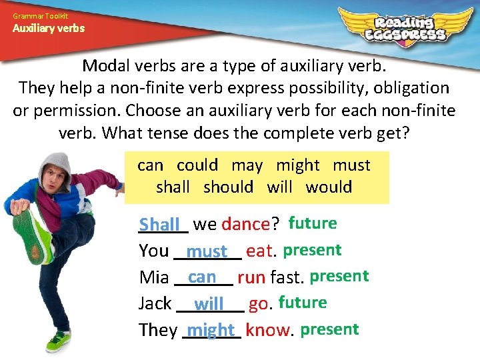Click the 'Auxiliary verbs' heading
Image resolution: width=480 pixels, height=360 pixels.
tap(49, 29)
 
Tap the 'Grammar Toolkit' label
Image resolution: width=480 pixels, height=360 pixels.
tap(40, 15)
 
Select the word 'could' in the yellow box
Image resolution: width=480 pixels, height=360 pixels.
tap(197, 165)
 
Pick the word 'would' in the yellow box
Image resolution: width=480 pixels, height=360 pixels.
tap(329, 187)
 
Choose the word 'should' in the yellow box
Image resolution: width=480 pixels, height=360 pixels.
tap(228, 187)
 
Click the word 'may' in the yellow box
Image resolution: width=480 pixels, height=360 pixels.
tap(247, 166)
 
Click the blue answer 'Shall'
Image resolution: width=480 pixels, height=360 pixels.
tap(160, 225)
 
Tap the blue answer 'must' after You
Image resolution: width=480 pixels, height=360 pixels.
tap(207, 251)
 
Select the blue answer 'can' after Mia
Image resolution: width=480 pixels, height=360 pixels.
tap(202, 277)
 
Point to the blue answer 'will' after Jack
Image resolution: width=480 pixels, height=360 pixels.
tap(209, 304)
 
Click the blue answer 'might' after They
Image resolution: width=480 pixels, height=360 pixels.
tap(211, 330)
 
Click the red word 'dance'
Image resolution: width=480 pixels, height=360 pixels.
tap(245, 225)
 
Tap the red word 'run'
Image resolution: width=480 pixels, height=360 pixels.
tap(251, 277)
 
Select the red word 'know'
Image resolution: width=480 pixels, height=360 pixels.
tap(268, 330)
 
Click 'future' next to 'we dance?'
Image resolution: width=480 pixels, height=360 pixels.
tap(313, 223)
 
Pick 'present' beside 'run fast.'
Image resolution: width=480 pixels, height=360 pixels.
tap(339, 276)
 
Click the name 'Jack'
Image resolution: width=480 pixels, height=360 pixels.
tap(155, 304)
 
